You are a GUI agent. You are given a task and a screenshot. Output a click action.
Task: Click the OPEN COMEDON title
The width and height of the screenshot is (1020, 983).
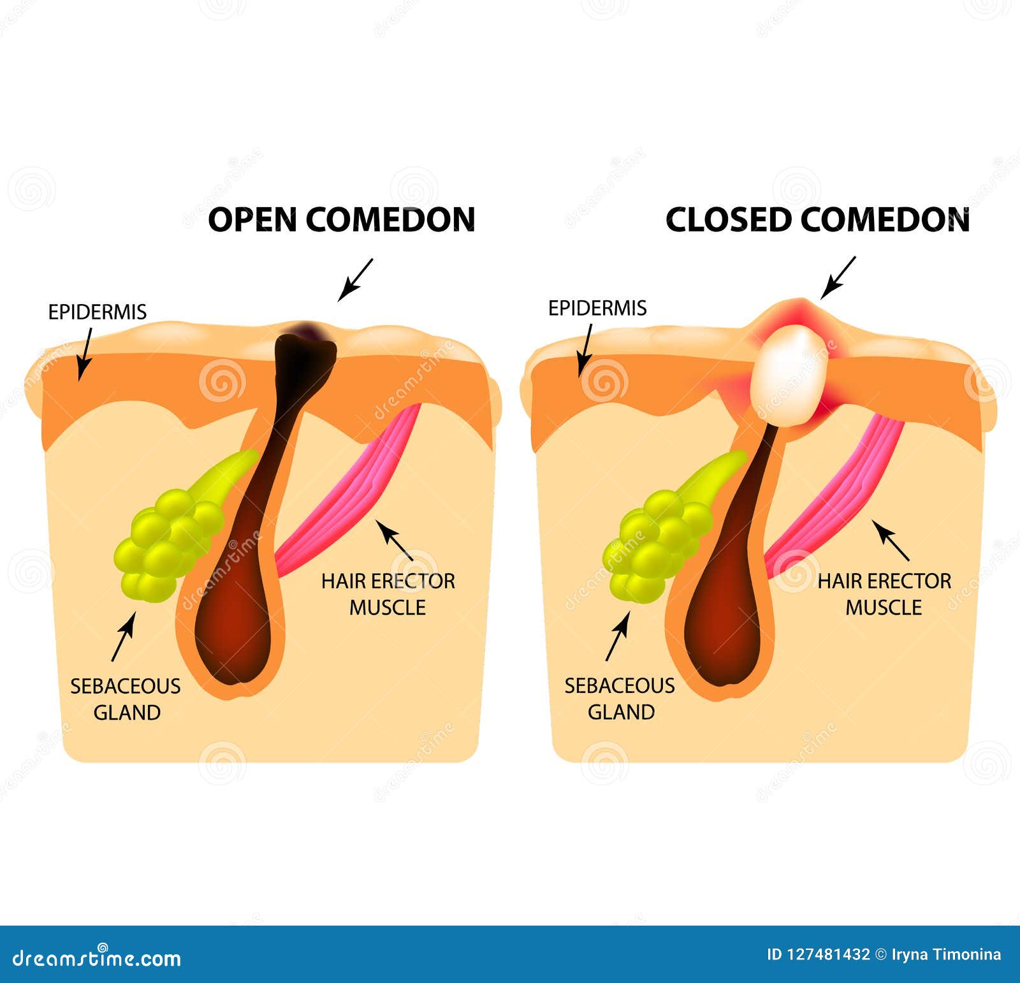[342, 219]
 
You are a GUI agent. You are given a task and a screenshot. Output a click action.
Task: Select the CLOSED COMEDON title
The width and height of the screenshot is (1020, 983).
[817, 219]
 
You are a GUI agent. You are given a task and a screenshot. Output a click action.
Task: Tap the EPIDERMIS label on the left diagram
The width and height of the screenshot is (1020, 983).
[98, 312]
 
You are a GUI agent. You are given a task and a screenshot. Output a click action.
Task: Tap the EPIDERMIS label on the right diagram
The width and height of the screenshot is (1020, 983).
[597, 308]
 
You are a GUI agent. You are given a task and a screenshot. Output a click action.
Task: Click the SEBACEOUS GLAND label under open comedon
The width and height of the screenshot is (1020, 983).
[126, 699]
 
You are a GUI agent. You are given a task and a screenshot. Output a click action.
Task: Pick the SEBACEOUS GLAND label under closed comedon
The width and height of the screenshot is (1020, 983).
[620, 699]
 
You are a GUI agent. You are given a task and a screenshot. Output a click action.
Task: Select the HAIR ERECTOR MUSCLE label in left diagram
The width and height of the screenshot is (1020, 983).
[388, 594]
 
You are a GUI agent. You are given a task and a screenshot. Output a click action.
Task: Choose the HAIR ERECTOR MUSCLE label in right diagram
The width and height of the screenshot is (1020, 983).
[884, 594]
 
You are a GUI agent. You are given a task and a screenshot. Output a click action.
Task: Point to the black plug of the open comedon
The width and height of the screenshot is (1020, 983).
[305, 357]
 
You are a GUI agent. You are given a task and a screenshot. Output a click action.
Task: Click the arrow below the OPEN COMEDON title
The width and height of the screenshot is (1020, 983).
[355, 279]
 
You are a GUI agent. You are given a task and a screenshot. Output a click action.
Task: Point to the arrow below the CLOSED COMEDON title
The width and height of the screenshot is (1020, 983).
[838, 278]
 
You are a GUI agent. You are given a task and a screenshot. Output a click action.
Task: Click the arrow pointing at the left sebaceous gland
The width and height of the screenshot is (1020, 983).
[123, 636]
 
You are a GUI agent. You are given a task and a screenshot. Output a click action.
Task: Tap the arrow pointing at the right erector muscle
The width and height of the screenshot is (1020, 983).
[891, 541]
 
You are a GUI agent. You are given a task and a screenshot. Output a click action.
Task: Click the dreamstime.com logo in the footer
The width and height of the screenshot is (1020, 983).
[97, 958]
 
